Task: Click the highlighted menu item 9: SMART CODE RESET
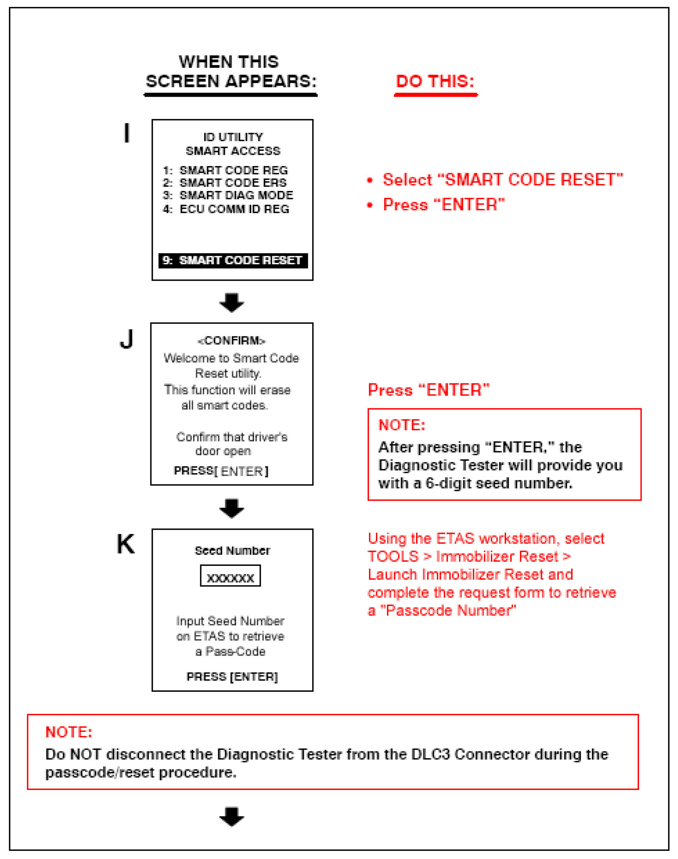click(233, 260)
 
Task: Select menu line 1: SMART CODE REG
click(225, 170)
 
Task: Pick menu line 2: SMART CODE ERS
click(224, 183)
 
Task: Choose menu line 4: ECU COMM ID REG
click(226, 209)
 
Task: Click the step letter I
click(127, 133)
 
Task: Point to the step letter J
click(126, 339)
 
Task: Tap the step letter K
click(125, 544)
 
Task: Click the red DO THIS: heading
click(435, 81)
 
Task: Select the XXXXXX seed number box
click(230, 575)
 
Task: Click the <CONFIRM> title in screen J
click(231, 341)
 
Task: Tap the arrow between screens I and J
click(232, 302)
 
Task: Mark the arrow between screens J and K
click(232, 508)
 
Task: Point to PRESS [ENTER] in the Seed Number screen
click(232, 676)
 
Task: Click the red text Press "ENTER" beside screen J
click(429, 390)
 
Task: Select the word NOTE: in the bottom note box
click(69, 732)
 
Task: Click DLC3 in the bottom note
click(430, 754)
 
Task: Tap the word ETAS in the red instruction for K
click(455, 539)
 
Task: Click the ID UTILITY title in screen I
click(233, 137)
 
